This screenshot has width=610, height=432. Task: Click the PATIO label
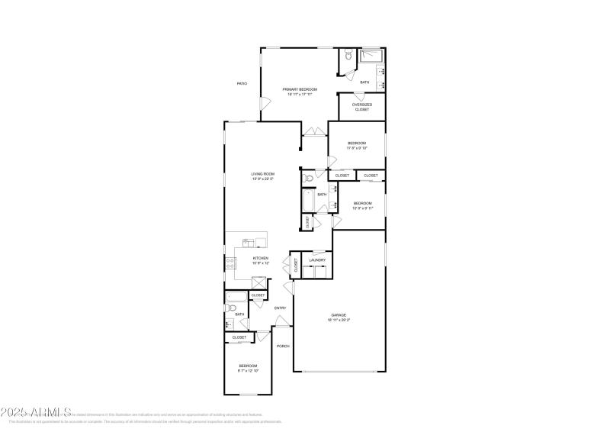[x=242, y=83]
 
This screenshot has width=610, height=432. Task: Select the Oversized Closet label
[x=362, y=107]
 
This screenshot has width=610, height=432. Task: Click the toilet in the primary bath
[x=347, y=56]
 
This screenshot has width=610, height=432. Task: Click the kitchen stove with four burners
[x=230, y=263]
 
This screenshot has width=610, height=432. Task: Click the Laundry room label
[x=317, y=260]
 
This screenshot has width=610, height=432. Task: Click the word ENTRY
[x=280, y=308]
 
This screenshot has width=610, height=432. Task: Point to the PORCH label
[x=283, y=346]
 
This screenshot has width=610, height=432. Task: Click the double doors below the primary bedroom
[x=313, y=133]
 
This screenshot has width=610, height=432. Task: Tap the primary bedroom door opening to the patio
[x=263, y=105]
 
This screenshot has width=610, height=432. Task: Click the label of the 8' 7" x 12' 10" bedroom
[x=248, y=368]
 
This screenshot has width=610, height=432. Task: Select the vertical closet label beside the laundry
[x=295, y=264]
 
